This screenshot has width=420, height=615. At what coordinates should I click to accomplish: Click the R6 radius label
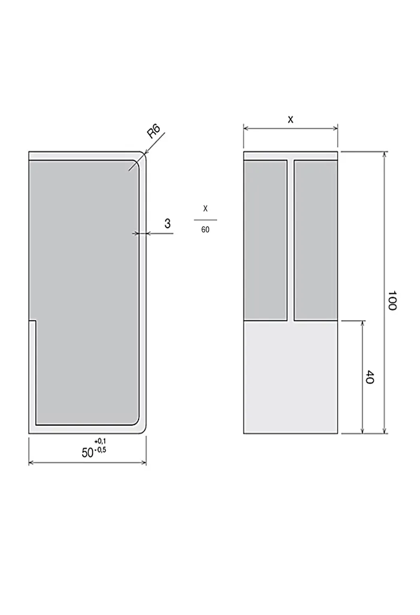pos(154,131)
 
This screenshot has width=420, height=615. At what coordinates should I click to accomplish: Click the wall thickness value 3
pos(167,223)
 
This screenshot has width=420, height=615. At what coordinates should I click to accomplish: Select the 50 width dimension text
pos(88,453)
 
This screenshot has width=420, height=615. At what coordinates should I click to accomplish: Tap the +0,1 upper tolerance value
pos(100,441)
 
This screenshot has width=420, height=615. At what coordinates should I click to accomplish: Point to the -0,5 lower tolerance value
pos(100,450)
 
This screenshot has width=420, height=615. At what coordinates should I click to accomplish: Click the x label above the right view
pos(290,120)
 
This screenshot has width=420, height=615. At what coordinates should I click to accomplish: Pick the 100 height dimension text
pos(392,300)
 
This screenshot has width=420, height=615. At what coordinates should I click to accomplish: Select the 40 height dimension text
pos(370,377)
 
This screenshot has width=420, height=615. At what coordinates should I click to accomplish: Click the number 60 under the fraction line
pos(205,230)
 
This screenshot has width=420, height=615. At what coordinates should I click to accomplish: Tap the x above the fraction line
pos(205,208)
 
